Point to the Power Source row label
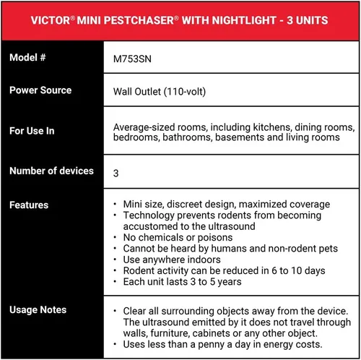[40, 90]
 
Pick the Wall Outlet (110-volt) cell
[158, 91]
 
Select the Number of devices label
[51, 171]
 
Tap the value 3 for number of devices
[116, 173]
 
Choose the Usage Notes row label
[38, 309]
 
